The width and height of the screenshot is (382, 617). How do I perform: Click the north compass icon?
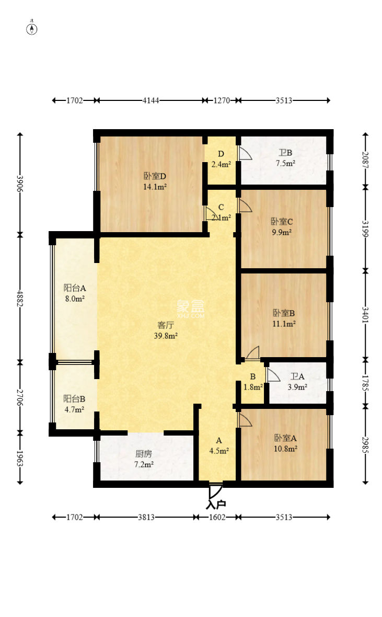32,28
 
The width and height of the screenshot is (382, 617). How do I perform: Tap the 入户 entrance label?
216,505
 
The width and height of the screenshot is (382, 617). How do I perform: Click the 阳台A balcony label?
74,288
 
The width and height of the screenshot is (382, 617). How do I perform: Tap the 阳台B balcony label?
74,398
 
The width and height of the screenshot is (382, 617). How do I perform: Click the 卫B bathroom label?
285,153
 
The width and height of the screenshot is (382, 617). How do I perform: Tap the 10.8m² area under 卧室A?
285,448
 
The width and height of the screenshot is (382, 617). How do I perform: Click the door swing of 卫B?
245,153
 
